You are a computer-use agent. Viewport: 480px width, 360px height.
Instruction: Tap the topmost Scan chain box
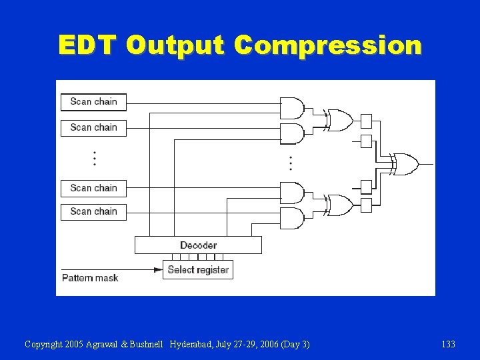(x=93, y=101)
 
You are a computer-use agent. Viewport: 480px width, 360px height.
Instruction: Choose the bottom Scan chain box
(x=93, y=211)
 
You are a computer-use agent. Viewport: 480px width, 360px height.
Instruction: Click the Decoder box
(x=198, y=245)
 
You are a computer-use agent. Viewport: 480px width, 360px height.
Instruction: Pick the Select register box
(x=198, y=270)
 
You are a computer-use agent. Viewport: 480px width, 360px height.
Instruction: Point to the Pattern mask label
(x=90, y=277)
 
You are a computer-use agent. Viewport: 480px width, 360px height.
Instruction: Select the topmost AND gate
(x=291, y=108)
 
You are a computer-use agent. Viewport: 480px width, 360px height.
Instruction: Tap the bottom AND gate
(x=291, y=218)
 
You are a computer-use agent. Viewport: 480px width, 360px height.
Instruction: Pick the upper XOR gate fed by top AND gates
(x=339, y=120)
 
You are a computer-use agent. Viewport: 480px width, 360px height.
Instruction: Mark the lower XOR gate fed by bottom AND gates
(x=339, y=205)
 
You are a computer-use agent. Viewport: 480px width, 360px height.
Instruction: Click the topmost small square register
(x=366, y=120)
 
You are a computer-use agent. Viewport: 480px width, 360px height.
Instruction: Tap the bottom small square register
(x=366, y=205)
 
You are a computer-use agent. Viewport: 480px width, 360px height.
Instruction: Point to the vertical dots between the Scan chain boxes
(x=95, y=158)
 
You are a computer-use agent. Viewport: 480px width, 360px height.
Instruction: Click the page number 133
(x=448, y=344)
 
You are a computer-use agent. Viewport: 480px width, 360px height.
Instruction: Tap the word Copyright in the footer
(x=44, y=344)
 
